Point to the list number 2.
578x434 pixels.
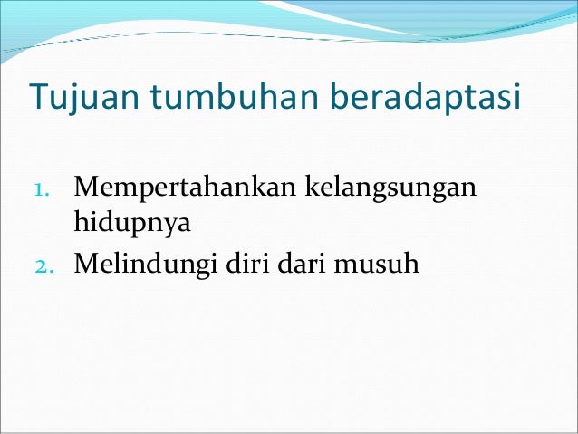(44, 265)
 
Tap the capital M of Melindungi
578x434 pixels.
(88, 265)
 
